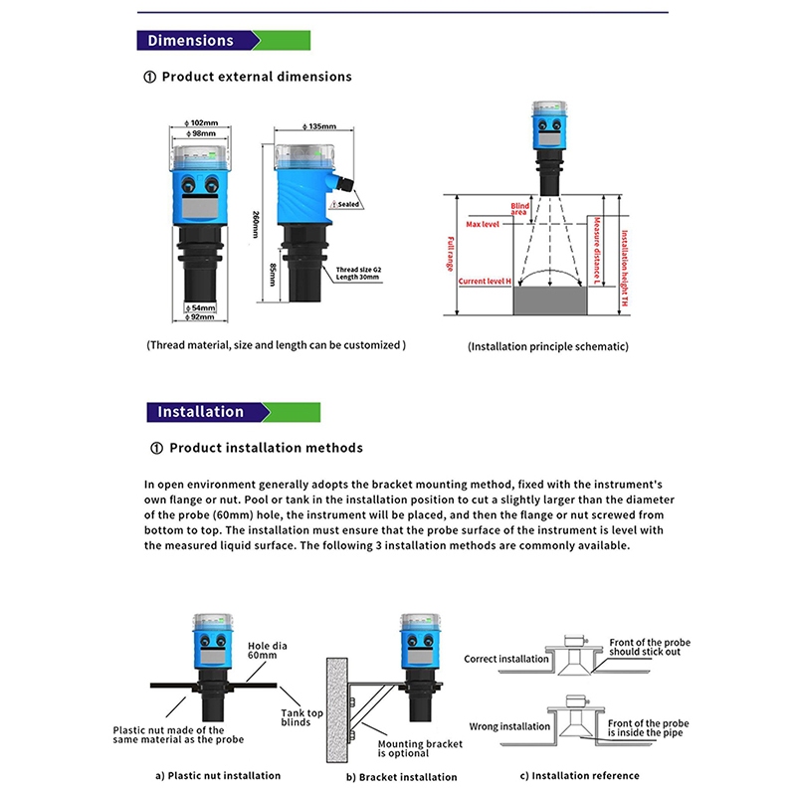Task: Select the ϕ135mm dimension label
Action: coord(318,127)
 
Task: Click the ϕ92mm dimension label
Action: coord(203,318)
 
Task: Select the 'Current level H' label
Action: coord(485,282)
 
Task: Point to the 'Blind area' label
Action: coord(518,207)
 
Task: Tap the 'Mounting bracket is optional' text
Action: coord(417,747)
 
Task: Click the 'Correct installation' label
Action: coord(506,659)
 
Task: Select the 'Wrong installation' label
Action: coord(509,726)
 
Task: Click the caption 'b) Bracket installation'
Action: coord(401,776)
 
